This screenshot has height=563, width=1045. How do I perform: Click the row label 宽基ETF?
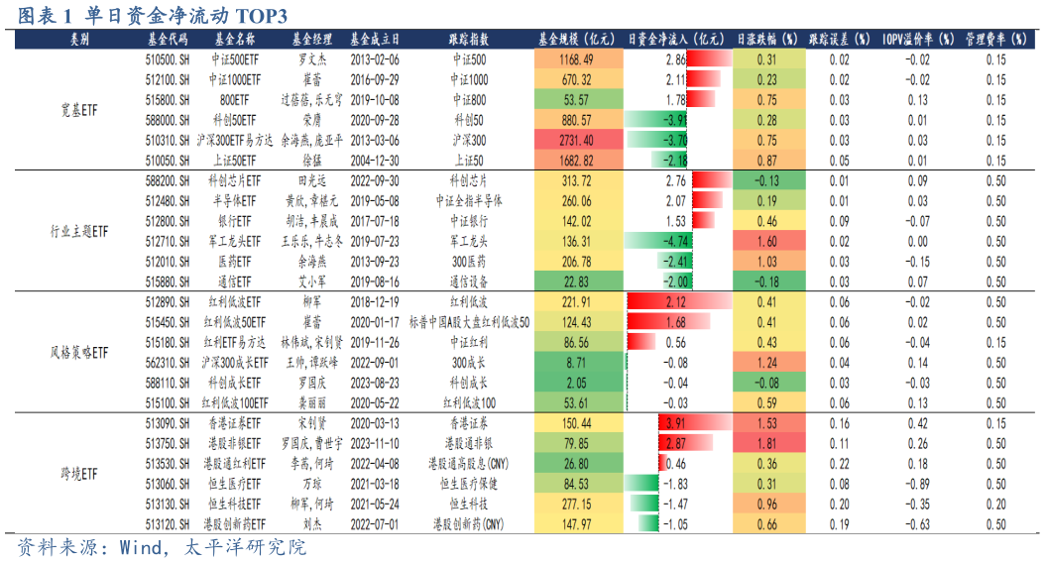(x=79, y=110)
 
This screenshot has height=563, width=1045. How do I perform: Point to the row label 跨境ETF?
(x=79, y=475)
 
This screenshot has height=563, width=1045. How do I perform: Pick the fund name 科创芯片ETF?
(x=234, y=180)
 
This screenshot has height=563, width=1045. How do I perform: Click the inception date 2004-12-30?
(x=375, y=160)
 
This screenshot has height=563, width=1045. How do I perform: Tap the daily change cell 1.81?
(x=766, y=443)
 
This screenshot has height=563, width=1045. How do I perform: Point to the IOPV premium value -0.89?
(x=917, y=484)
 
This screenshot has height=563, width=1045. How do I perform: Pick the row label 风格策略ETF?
(x=79, y=353)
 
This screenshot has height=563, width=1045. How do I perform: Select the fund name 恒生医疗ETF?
(x=234, y=484)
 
